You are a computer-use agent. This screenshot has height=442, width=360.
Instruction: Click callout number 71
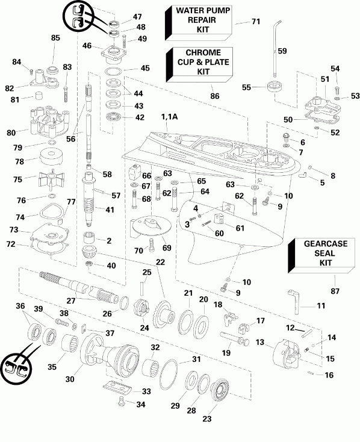pyautogui.click(x=255, y=22)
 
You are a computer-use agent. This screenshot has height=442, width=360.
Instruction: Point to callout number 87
pyautogui.click(x=336, y=291)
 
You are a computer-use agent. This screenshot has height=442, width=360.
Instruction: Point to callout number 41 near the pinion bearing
pyautogui.click(x=126, y=210)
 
